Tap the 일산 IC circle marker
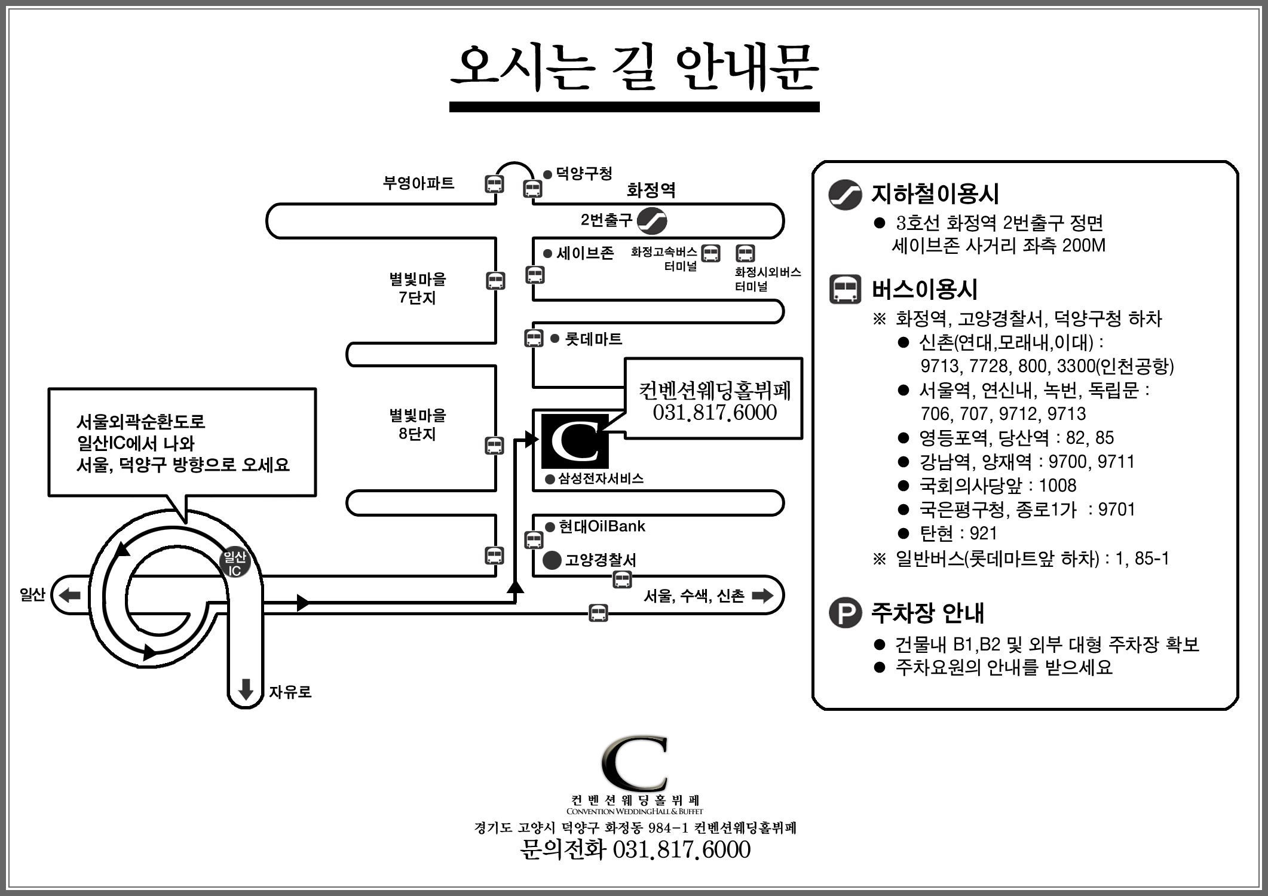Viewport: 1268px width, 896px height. click(234, 563)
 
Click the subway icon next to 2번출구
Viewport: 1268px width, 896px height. click(651, 220)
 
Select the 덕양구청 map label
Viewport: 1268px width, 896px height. click(584, 173)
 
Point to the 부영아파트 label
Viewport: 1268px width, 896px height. click(418, 183)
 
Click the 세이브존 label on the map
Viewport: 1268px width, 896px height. click(585, 253)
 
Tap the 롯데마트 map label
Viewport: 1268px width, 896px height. click(593, 339)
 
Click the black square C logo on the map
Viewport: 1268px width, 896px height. click(575, 441)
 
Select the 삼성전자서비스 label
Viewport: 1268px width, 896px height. click(601, 478)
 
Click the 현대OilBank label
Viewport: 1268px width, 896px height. click(602, 526)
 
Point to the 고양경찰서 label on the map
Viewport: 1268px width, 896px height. click(601, 560)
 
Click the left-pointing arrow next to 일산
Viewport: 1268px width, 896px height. click(70, 595)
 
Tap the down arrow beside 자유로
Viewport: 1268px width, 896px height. click(246, 689)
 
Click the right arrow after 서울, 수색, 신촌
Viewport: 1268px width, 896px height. click(762, 595)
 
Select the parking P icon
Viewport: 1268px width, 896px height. click(845, 613)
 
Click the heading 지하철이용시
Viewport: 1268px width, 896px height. click(935, 194)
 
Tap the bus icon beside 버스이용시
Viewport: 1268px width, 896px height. click(845, 290)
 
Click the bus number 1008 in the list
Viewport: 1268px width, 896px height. click(1058, 486)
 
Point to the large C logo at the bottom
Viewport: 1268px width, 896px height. click(635, 765)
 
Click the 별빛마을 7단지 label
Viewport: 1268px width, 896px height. click(418, 288)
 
